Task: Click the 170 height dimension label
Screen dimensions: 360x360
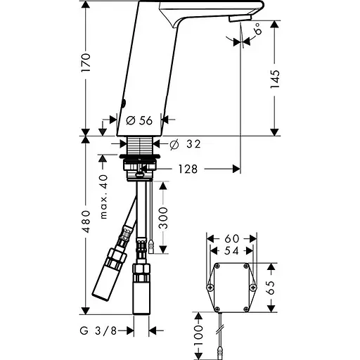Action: click(x=86, y=63)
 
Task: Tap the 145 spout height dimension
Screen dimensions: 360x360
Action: click(x=275, y=79)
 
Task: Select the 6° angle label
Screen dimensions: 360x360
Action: click(x=257, y=29)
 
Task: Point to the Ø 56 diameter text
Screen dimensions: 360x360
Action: click(x=139, y=120)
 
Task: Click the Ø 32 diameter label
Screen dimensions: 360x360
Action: click(x=185, y=144)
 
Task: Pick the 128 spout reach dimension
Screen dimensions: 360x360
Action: click(x=188, y=169)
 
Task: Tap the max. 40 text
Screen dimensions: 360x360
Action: click(x=103, y=197)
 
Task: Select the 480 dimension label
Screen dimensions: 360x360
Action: click(x=86, y=221)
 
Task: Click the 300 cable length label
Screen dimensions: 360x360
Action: click(x=163, y=218)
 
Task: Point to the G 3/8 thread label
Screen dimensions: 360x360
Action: click(x=98, y=331)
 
